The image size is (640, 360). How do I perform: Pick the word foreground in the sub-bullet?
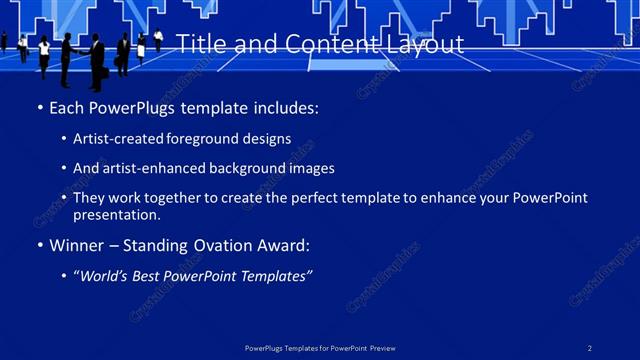click(x=205, y=139)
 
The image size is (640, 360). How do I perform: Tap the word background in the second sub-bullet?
click(x=248, y=169)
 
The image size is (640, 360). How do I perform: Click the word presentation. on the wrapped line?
click(x=116, y=214)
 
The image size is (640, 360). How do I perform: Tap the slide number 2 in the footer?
click(x=590, y=347)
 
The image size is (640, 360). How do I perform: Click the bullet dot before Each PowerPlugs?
click(x=39, y=106)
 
